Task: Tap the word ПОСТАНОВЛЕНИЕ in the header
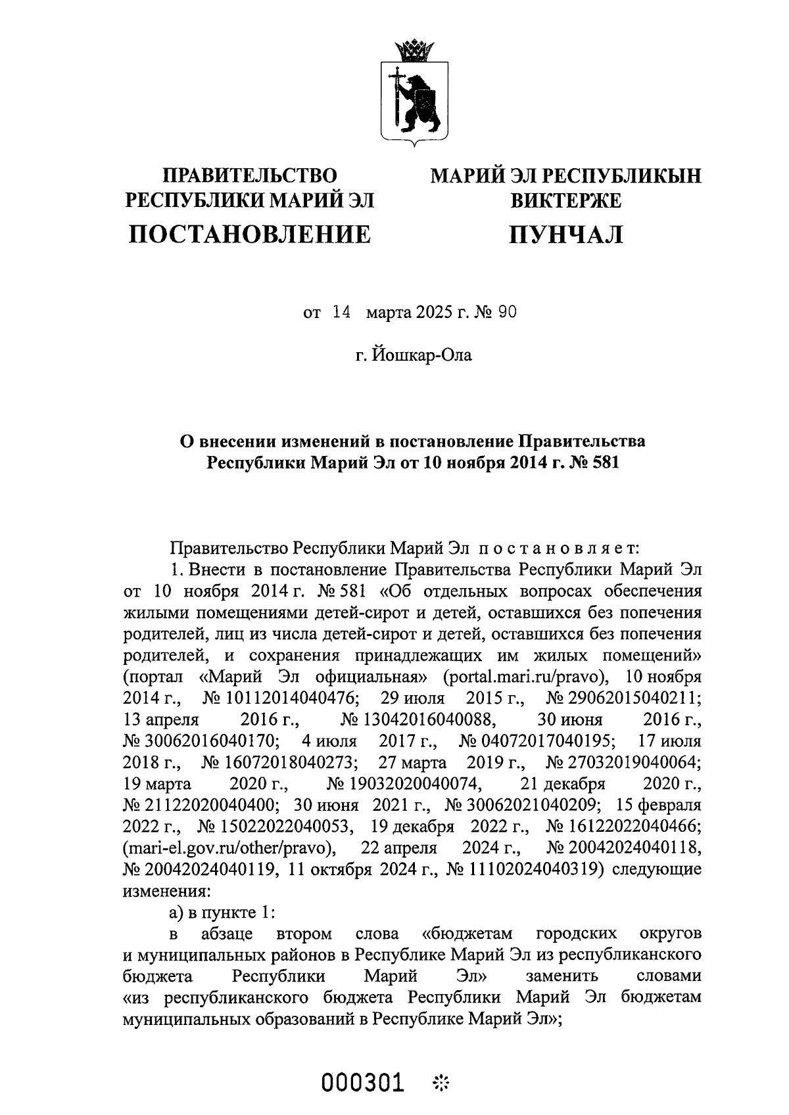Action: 249,233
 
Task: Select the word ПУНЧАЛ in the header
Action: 565,233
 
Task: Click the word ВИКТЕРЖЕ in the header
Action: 565,200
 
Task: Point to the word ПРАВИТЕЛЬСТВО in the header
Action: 249,175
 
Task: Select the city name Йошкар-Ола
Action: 423,356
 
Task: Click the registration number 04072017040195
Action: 546,741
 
